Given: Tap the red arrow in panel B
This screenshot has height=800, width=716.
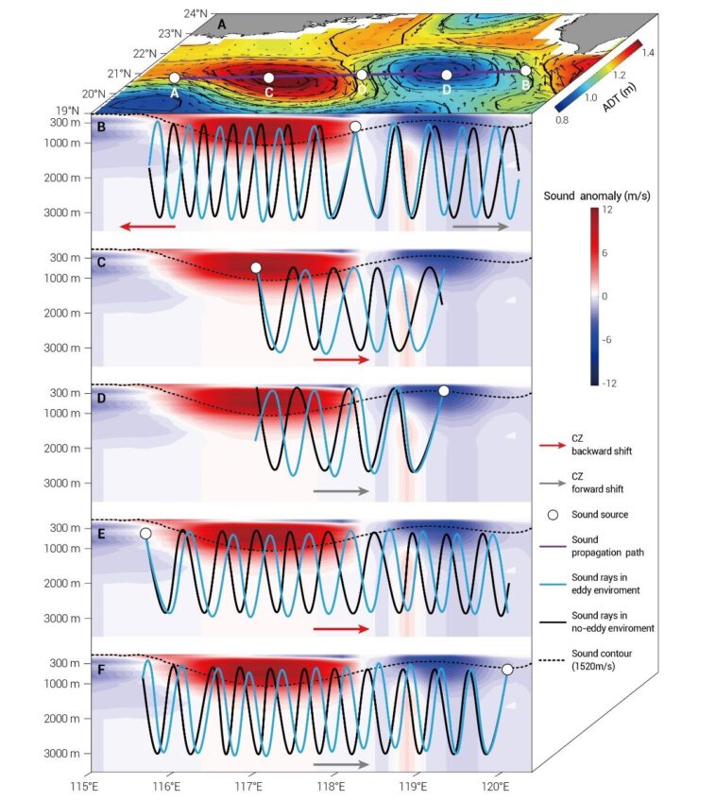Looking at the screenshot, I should [147, 227].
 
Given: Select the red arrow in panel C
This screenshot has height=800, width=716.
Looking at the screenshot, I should [339, 360].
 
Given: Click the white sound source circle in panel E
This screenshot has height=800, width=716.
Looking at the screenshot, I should [145, 534].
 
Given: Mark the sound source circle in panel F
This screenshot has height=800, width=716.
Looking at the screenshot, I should [507, 669].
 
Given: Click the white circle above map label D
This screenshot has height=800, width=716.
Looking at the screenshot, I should [447, 75].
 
